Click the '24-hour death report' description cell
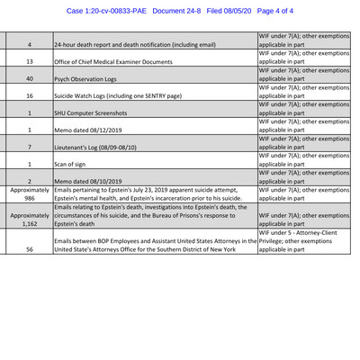coord(135,44)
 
